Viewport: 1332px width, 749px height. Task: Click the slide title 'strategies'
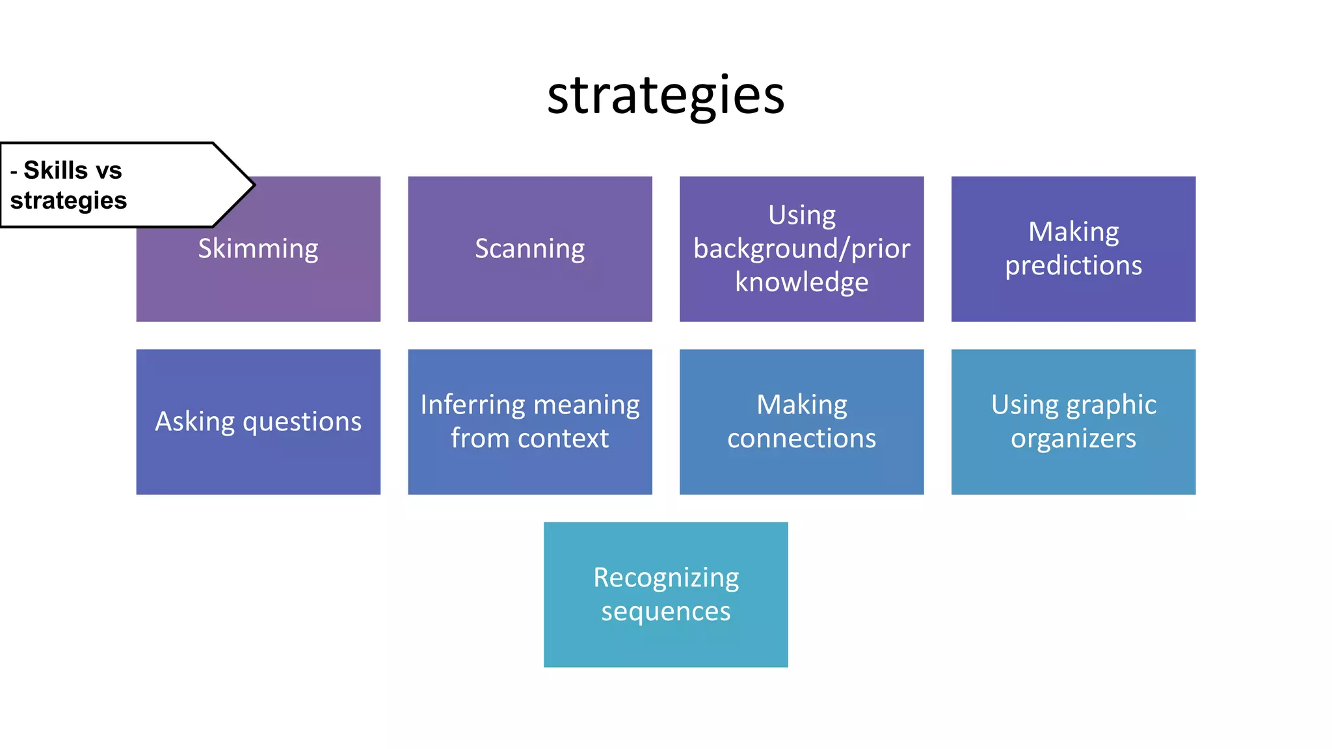tap(666, 96)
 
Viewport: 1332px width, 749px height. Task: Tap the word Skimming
tap(258, 249)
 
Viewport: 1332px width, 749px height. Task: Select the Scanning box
tap(529, 249)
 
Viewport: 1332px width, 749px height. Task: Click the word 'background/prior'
tap(801, 249)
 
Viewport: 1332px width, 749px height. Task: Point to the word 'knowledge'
tap(801, 283)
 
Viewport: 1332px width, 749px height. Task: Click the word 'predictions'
tap(1073, 266)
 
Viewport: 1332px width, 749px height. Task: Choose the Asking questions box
tap(258, 422)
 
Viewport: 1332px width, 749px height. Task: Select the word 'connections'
tap(801, 439)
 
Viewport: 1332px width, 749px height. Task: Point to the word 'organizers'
tap(1073, 439)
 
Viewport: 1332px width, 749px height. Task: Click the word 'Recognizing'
tap(666, 578)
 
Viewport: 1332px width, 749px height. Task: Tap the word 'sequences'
tap(666, 612)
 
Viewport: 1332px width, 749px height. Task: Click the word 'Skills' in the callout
tap(55, 170)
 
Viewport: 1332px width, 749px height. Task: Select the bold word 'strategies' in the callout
tap(68, 200)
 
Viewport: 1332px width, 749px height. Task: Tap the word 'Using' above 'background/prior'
tap(801, 215)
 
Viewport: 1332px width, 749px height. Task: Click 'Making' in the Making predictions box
tap(1073, 232)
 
